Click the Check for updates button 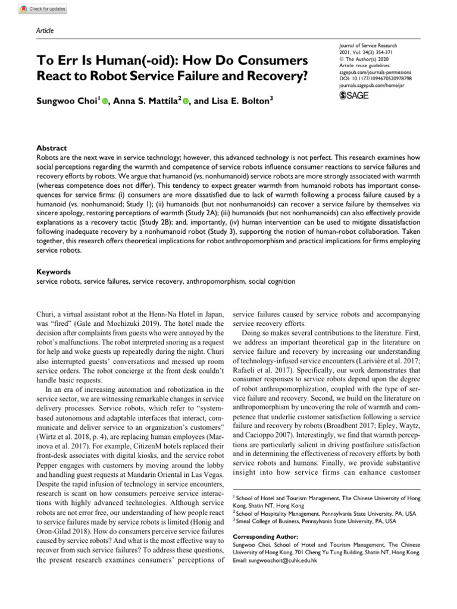tap(43, 9)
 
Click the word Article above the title tap(45, 30)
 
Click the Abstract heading tap(52, 148)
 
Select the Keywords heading tap(54, 271)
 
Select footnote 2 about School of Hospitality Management tap(325, 513)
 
